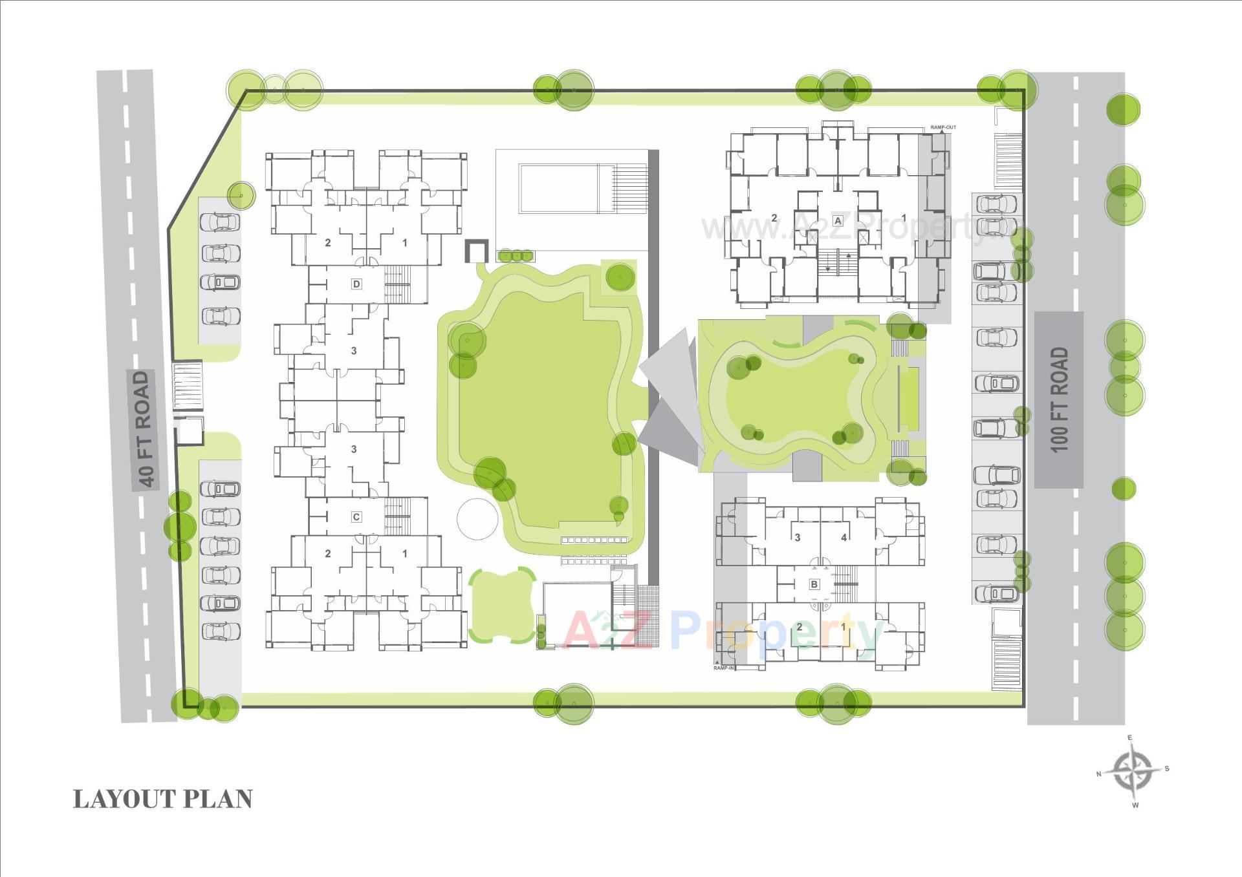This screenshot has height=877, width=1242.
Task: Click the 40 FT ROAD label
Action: coord(145,429)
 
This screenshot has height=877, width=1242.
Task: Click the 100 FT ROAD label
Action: coord(1059,399)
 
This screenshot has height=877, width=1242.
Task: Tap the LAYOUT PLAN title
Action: coord(162,799)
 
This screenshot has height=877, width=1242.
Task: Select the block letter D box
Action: coord(356,284)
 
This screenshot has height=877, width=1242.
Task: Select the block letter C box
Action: coord(356,517)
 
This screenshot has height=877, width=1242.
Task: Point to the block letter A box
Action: coord(838,220)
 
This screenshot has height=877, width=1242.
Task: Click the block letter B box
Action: coord(814,584)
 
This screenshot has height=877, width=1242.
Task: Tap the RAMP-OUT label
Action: coord(942,127)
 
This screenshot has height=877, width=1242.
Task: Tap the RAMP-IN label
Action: coord(724,668)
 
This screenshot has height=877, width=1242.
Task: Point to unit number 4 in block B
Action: coord(844,537)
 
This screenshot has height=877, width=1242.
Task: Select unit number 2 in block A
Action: coord(774,218)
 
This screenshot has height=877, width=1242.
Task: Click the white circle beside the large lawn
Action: coord(478,519)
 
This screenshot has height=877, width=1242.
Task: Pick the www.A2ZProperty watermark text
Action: coord(860,227)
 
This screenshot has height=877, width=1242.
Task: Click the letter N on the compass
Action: coord(1098,774)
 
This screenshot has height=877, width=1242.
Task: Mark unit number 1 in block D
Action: coord(405,243)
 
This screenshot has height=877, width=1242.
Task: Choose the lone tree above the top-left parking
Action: coord(241,195)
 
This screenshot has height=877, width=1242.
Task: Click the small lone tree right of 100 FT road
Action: coord(1124,489)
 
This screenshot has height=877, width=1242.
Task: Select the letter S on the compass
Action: coord(1167,768)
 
